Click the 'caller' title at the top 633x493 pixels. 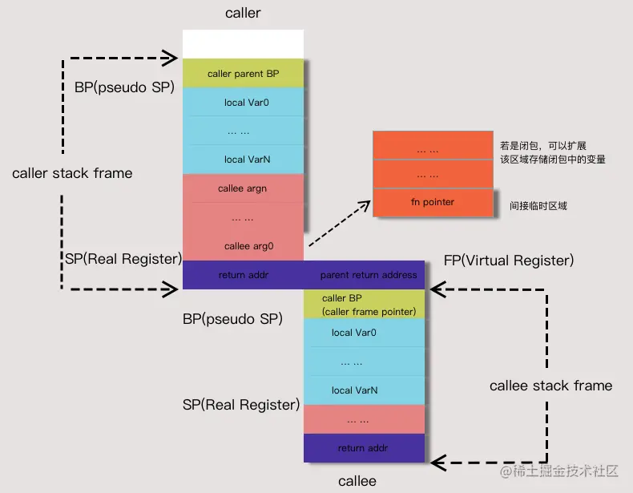[244, 14]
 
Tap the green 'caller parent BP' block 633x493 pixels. [243, 74]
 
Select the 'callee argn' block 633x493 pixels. [243, 188]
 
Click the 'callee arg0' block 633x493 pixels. [243, 246]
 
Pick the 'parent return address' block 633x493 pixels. [368, 275]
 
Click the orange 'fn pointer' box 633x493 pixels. [432, 202]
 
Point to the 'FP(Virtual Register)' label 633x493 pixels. [508, 261]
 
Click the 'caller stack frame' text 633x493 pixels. [72, 173]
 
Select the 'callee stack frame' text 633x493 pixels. [550, 386]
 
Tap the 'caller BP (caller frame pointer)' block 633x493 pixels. [364, 305]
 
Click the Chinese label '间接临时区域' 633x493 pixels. [538, 206]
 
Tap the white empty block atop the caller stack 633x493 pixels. [243, 44]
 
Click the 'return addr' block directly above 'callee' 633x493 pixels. [364, 448]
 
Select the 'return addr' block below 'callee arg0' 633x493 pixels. [243, 275]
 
